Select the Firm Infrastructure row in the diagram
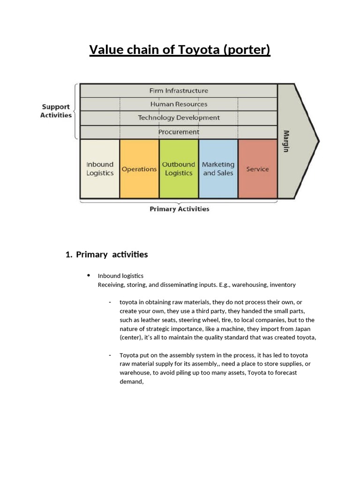pyautogui.click(x=179, y=90)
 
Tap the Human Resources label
pyautogui.click(x=179, y=104)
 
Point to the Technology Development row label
pyautogui.click(x=179, y=118)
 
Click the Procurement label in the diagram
pyautogui.click(x=179, y=132)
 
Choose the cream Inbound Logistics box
pyautogui.click(x=100, y=169)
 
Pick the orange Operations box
pyautogui.click(x=139, y=169)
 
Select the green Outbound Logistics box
pyautogui.click(x=179, y=169)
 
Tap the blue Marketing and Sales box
pyautogui.click(x=218, y=169)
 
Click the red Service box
pyautogui.click(x=257, y=169)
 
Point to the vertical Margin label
pyautogui.click(x=286, y=141)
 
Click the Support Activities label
pyautogui.click(x=56, y=111)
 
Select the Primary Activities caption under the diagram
pyautogui.click(x=180, y=209)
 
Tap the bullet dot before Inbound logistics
pyautogui.click(x=88, y=275)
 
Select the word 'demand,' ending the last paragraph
pyautogui.click(x=131, y=382)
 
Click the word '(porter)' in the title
pyautogui.click(x=247, y=50)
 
